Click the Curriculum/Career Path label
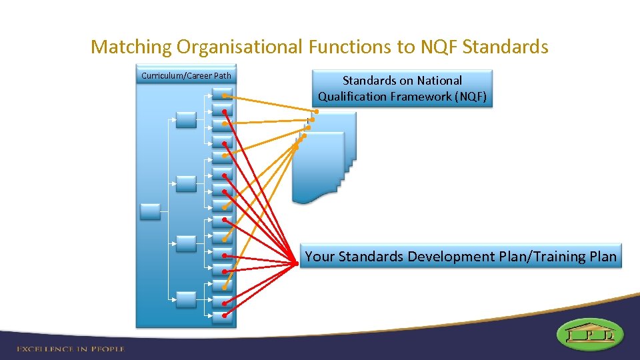[186, 75]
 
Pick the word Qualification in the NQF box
[352, 97]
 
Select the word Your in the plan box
[320, 257]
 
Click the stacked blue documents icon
[323, 160]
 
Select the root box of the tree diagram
[150, 212]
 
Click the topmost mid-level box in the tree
[186, 120]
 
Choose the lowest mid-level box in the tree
[186, 300]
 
